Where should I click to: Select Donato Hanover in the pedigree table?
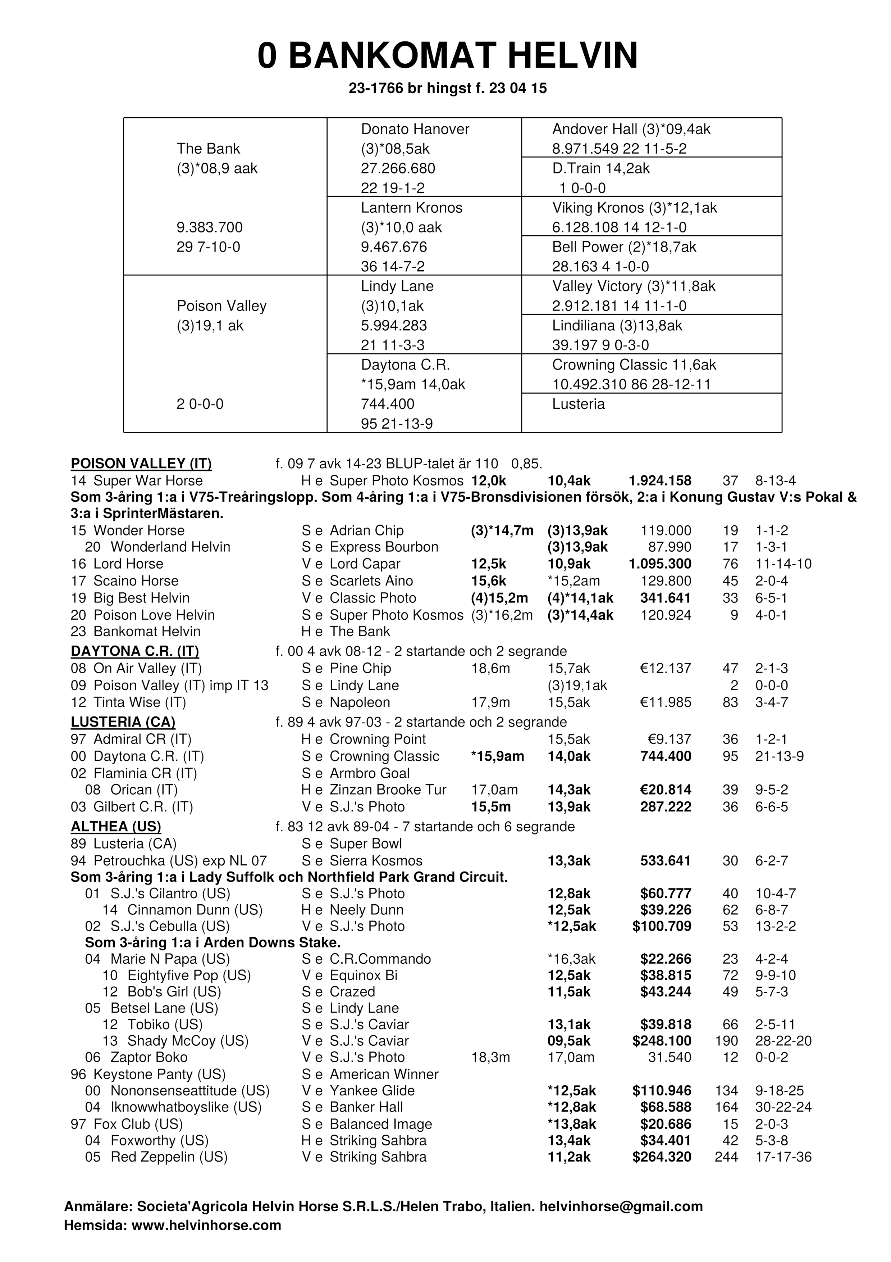[x=415, y=129]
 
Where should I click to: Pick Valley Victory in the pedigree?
[x=597, y=286]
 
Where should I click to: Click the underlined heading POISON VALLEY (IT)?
[x=141, y=464]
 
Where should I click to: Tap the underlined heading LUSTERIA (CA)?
[x=123, y=722]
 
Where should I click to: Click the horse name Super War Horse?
[x=148, y=481]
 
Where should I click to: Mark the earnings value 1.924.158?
[x=660, y=481]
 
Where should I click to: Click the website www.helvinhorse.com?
[x=206, y=1225]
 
